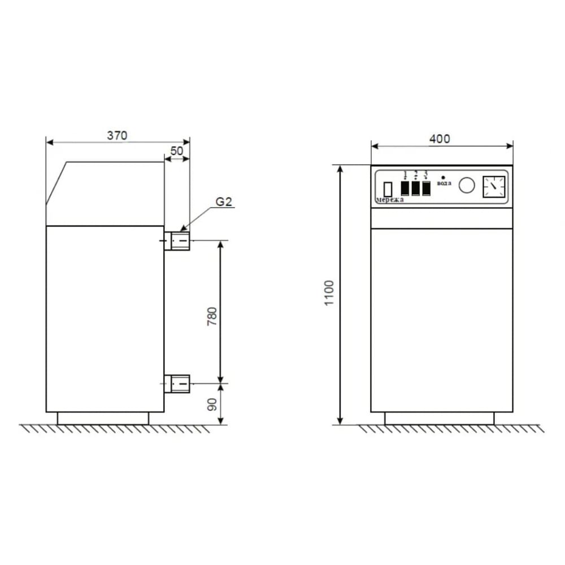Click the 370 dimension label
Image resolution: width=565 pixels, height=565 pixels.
coord(117,136)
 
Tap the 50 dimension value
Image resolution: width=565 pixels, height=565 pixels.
coord(176,151)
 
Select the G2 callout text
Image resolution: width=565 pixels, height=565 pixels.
coord(224,202)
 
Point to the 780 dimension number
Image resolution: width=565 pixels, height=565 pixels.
coord(212,316)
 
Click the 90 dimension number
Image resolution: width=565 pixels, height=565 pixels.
coord(212,405)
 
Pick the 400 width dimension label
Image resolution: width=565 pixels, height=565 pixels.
coord(440,139)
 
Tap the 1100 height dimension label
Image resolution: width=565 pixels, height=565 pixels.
coord(329,293)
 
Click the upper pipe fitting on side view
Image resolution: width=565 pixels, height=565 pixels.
coord(177,241)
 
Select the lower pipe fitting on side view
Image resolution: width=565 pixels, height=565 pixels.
coord(177,384)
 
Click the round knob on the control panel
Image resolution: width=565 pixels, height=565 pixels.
coord(467,185)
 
